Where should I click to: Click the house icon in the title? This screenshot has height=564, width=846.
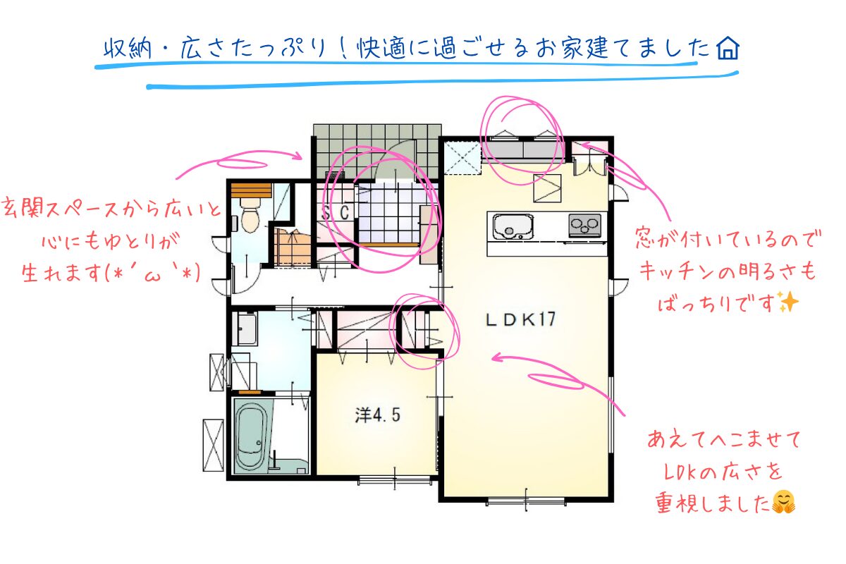728,49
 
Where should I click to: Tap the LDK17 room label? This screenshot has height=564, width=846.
520,319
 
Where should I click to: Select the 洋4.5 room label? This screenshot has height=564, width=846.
377,415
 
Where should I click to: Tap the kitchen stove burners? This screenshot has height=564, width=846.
584,225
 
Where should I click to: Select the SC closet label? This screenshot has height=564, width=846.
336,213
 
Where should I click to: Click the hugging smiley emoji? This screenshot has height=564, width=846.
784,502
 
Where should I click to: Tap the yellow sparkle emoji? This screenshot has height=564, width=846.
788,302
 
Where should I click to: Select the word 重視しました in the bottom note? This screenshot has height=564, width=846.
712,503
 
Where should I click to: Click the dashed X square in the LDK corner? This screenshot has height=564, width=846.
462,158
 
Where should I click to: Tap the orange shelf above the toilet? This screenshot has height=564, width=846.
251,190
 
